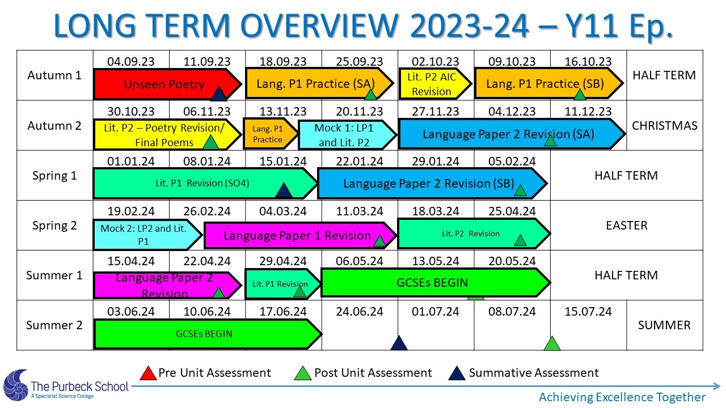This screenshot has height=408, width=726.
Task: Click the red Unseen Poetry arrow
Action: click(x=167, y=84)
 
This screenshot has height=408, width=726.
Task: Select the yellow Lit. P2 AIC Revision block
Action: click(x=435, y=83)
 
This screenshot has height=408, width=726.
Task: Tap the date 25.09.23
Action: click(x=360, y=62)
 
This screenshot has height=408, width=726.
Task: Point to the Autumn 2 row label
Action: click(x=54, y=126)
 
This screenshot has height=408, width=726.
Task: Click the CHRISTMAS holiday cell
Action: click(x=664, y=126)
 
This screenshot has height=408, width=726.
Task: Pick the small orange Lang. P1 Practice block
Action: click(x=271, y=134)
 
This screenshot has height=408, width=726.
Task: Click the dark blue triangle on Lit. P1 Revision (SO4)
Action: click(x=284, y=190)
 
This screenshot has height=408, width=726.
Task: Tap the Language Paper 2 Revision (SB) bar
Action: click(x=433, y=183)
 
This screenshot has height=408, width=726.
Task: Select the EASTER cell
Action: click(x=627, y=226)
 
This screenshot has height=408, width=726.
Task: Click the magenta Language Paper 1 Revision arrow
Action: click(x=300, y=235)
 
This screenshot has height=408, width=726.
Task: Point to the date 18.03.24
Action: click(x=436, y=211)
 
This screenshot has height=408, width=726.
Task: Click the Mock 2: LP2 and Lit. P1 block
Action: click(x=147, y=235)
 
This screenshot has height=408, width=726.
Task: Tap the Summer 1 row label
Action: click(x=54, y=275)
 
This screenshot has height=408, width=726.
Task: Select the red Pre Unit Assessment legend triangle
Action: click(x=149, y=373)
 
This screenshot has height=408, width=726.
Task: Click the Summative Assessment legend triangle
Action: click(x=457, y=373)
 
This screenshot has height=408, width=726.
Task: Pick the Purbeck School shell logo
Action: click(x=15, y=385)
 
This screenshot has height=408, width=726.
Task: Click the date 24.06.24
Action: click(x=360, y=312)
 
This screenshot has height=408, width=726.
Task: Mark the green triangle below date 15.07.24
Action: click(x=552, y=343)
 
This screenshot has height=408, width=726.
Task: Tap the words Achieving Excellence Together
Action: click(x=622, y=397)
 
